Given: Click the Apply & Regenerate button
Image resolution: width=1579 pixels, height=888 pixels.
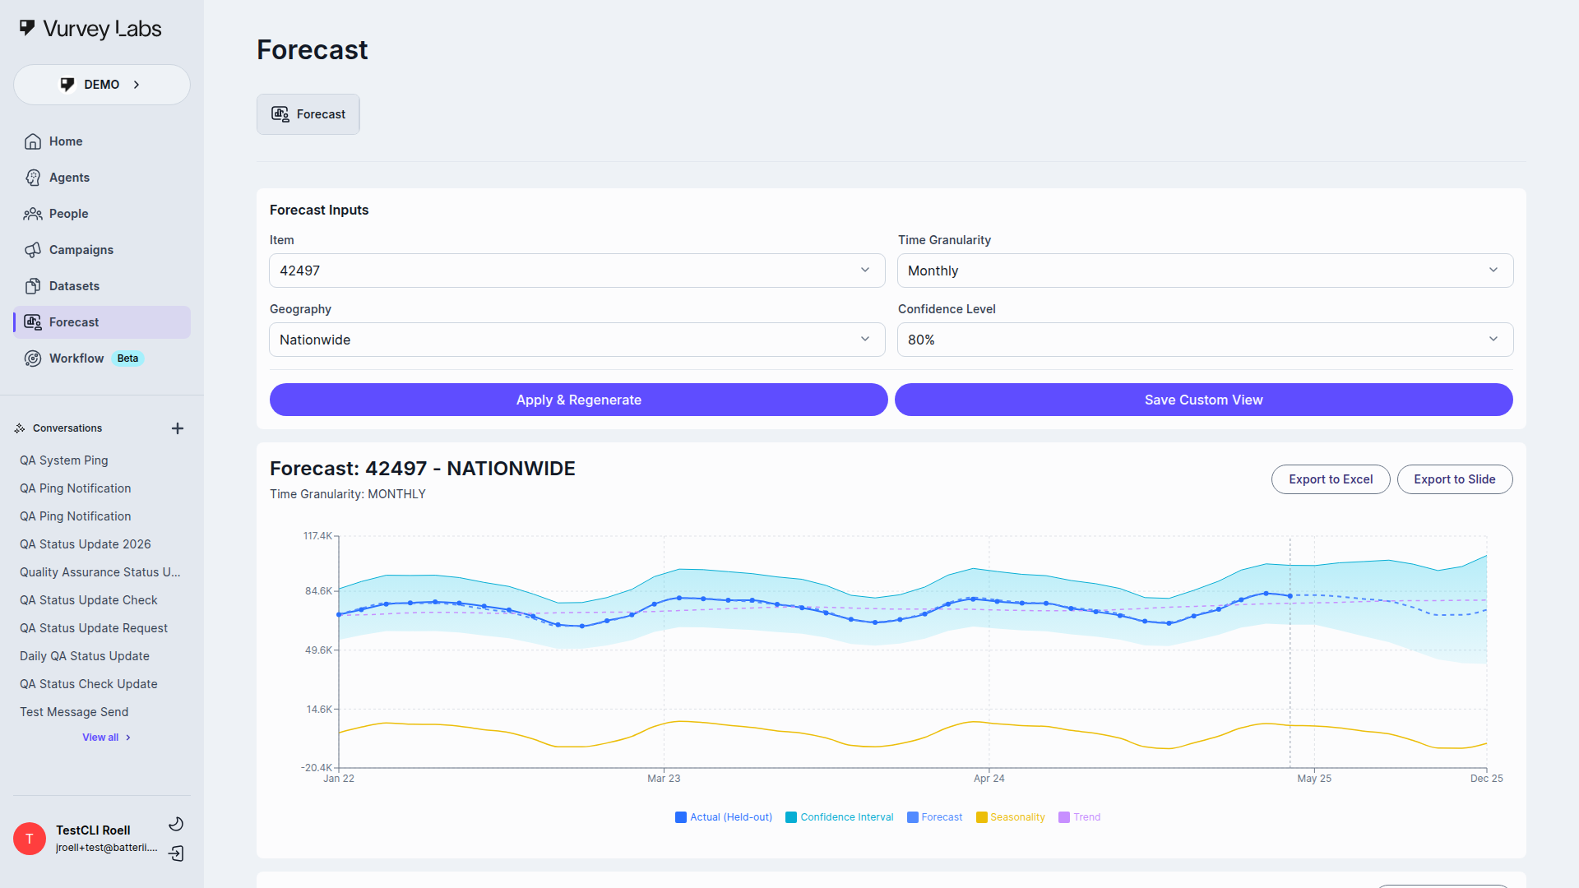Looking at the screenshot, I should [578, 400].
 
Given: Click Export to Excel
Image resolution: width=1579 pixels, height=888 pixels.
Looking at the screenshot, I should [1330, 479].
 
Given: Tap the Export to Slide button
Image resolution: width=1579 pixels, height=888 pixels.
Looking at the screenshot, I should [1454, 479].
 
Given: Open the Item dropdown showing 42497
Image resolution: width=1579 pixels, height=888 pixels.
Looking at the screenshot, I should [576, 271].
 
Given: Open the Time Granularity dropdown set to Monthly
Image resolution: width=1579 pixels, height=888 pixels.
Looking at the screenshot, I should [1205, 271].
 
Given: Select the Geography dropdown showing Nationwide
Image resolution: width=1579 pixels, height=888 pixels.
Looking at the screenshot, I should [576, 340].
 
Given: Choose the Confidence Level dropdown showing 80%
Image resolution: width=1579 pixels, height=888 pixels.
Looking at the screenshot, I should [1205, 340].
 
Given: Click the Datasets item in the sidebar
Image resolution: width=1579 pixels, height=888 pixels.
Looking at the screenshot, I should [74, 286].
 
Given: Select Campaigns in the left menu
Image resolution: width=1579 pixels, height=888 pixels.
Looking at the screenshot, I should [81, 250].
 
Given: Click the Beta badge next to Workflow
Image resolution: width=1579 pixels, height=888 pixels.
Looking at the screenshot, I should [127, 358].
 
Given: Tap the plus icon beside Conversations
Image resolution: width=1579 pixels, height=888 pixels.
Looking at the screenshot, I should [178, 428].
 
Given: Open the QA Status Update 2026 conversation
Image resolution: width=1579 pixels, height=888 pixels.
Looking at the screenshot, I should [86, 544].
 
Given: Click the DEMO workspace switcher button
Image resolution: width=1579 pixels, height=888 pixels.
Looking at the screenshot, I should [102, 85].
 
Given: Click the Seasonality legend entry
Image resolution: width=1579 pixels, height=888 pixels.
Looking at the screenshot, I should [1011, 817].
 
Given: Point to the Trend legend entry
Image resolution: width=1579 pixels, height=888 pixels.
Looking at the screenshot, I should [1080, 817].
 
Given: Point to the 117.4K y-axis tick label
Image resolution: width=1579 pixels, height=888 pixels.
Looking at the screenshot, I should [317, 536].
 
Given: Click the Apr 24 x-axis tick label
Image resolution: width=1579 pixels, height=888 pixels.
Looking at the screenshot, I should [989, 779].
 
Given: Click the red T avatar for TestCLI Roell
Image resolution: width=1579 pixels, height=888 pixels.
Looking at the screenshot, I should [30, 839].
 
